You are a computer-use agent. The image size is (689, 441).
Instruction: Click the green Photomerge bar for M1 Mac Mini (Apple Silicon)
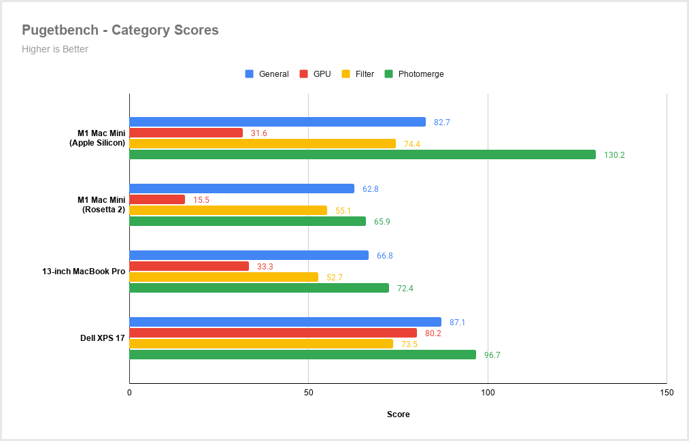click(x=363, y=154)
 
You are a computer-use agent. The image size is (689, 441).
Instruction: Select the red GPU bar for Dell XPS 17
click(x=273, y=333)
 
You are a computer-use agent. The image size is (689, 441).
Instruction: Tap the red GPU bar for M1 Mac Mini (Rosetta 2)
click(x=157, y=199)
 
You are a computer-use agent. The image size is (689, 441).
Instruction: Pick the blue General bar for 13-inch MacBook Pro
click(x=249, y=255)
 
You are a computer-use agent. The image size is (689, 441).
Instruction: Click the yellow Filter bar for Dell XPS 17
click(x=261, y=344)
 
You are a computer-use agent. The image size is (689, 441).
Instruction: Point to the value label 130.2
click(x=614, y=155)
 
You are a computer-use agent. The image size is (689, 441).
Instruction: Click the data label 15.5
click(x=201, y=200)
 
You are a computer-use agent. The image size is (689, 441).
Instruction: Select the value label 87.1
click(x=458, y=323)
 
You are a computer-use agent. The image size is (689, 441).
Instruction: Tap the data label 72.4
click(x=405, y=289)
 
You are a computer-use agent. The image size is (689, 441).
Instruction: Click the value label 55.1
click(x=343, y=211)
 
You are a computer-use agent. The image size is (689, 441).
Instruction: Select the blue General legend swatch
click(x=249, y=74)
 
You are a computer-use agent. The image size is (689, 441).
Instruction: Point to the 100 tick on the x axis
click(x=488, y=393)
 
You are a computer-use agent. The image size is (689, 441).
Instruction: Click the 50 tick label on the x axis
click(x=309, y=393)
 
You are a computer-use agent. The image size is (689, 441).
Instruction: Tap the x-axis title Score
click(x=398, y=414)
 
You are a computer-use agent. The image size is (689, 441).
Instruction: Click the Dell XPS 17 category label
click(x=103, y=338)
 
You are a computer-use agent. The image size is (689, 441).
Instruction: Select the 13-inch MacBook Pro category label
click(x=84, y=272)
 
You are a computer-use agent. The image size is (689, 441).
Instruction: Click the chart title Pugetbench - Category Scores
click(x=120, y=30)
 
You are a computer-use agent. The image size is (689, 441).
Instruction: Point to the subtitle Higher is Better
click(x=55, y=49)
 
